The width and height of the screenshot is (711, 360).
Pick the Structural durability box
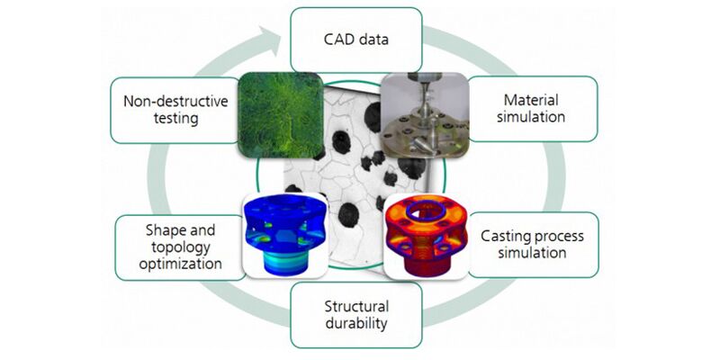coord(355,316)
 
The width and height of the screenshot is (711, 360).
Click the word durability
coord(355,324)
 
